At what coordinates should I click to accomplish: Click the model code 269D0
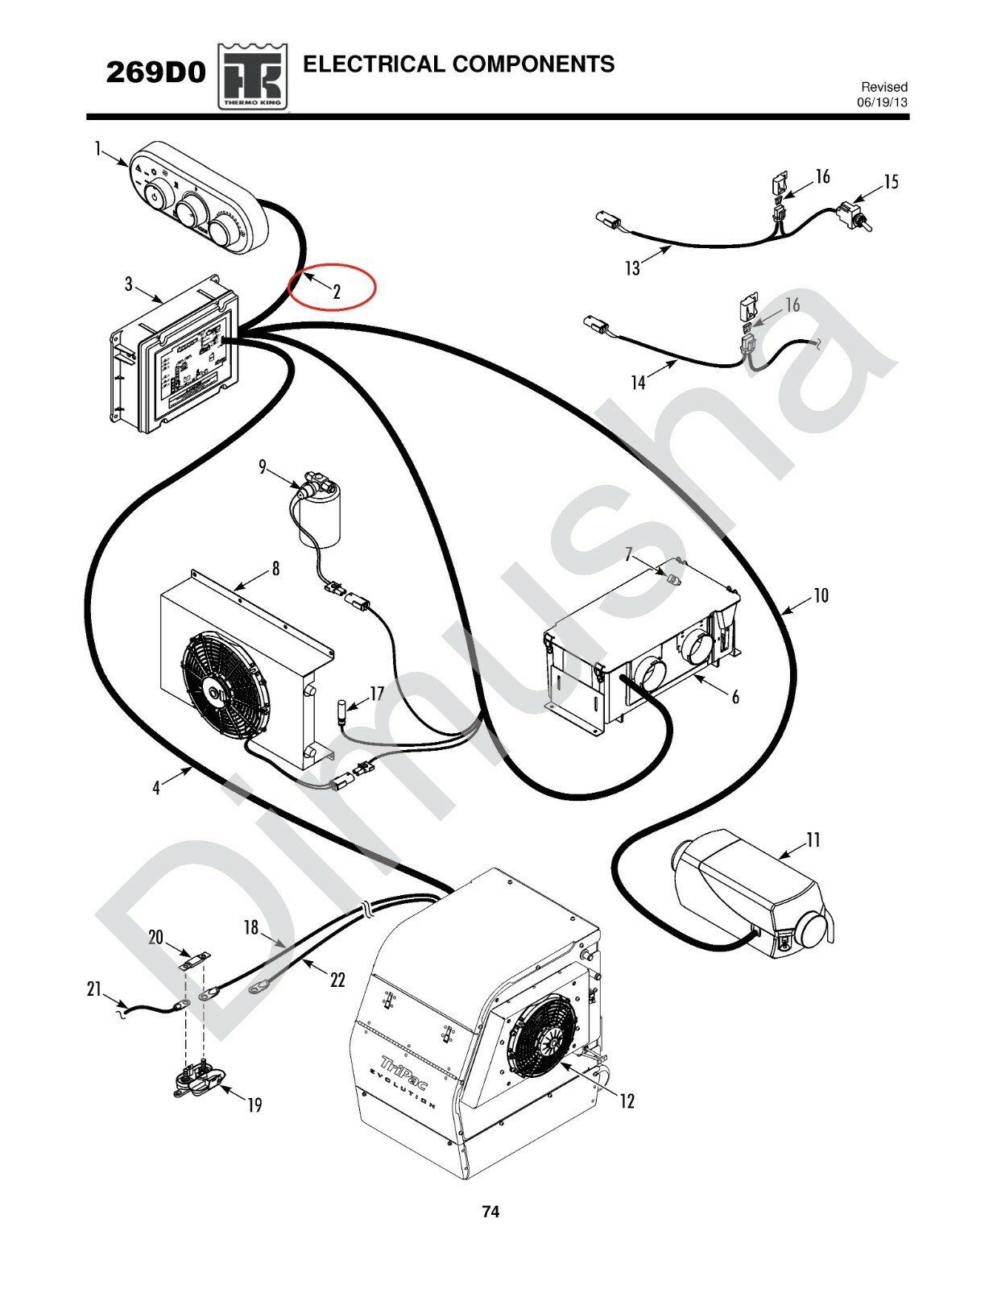(x=156, y=73)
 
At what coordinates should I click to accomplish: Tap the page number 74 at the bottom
(x=490, y=1211)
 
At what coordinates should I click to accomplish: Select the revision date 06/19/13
(x=882, y=102)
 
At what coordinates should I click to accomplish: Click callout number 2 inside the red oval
(x=337, y=292)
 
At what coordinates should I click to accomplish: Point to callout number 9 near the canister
(x=263, y=466)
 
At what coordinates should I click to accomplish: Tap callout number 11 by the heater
(x=813, y=840)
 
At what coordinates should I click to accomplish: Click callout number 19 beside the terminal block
(x=254, y=1105)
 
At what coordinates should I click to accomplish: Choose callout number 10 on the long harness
(x=820, y=595)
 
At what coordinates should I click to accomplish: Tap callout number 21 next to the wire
(x=94, y=989)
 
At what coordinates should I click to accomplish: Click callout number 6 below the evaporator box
(x=734, y=697)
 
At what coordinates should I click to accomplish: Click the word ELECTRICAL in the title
(x=369, y=64)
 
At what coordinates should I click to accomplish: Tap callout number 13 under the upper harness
(x=632, y=268)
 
